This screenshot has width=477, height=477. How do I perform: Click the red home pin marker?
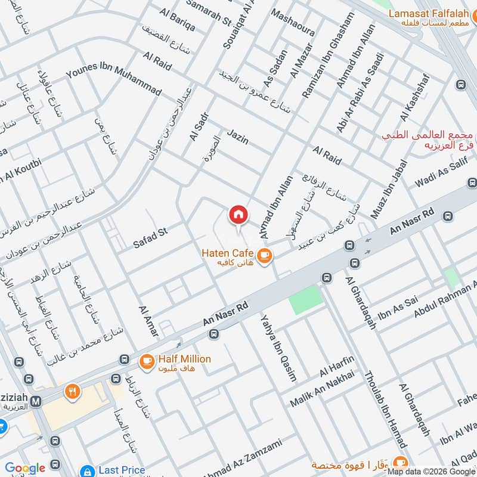coord(238,215)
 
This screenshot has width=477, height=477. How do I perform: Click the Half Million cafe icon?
coord(147,361)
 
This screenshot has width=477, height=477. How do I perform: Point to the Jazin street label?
coord(237,138)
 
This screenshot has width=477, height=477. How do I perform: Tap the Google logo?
coord(25,468)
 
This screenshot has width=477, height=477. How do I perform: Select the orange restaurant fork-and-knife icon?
coord(73,392)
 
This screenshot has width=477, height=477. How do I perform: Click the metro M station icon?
coord(36,402)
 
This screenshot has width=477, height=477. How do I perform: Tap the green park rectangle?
coord(306,300)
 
